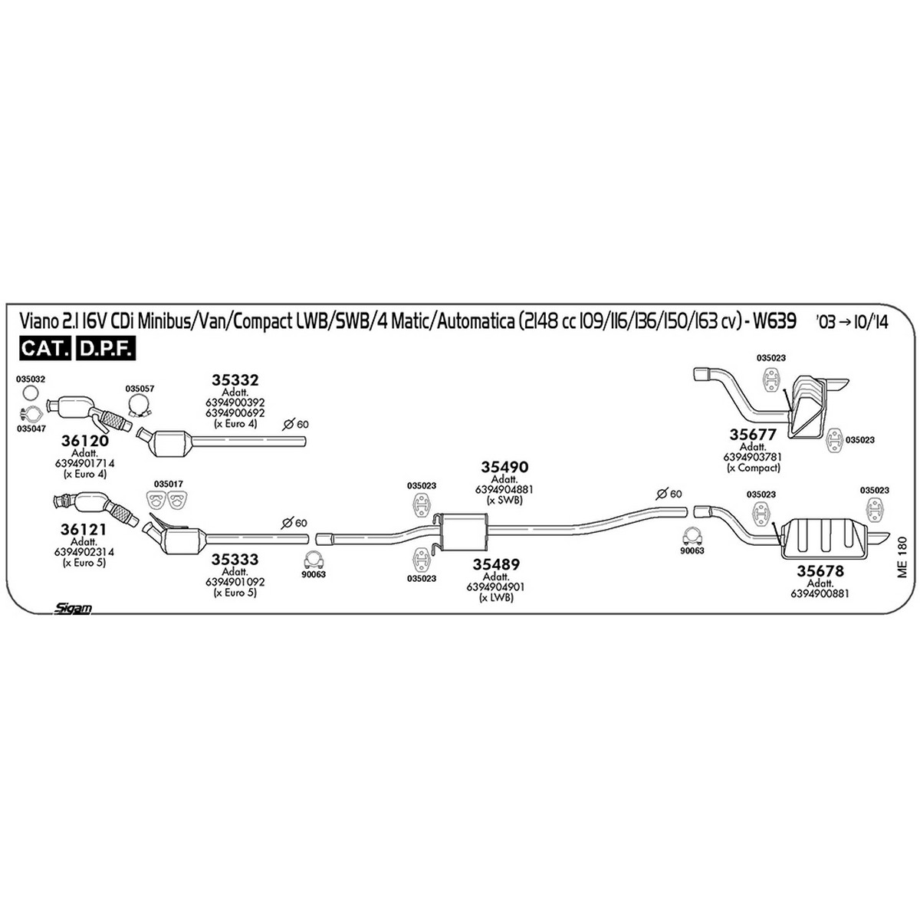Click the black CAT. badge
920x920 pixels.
45,349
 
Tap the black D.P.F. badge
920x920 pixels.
106,349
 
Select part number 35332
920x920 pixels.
235,380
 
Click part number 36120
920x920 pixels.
84,441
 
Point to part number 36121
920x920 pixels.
84,530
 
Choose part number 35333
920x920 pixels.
235,559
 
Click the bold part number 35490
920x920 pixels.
504,467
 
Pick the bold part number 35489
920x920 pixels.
496,564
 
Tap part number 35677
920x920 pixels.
753,435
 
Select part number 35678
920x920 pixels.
820,570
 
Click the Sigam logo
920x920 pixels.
72,608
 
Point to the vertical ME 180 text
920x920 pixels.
902,557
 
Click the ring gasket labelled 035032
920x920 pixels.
31,393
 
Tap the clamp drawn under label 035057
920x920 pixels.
140,406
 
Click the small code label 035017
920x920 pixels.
168,484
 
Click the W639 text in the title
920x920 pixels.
774,320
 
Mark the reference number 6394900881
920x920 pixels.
820,593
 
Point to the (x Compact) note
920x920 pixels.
753,468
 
